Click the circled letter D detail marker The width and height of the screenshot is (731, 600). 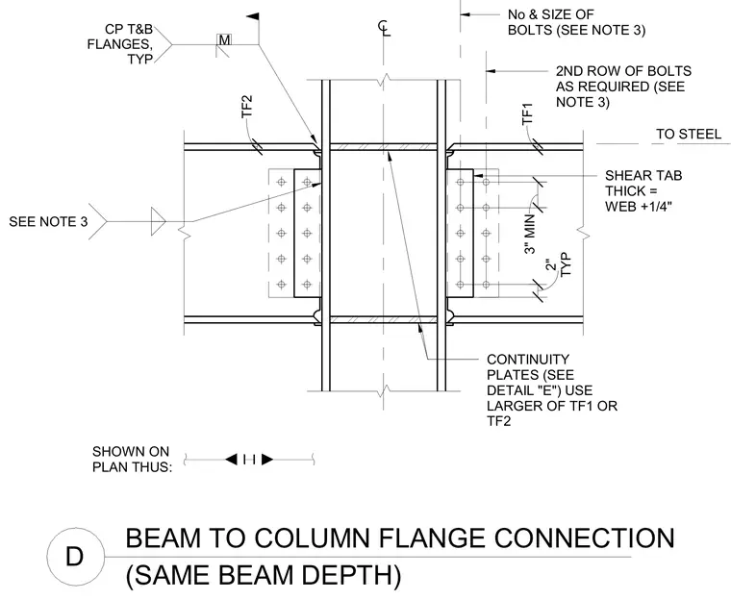pos(75,556)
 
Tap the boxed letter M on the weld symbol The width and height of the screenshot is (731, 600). pos(225,40)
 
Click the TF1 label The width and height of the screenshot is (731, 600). pos(527,113)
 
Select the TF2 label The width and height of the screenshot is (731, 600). pos(246,107)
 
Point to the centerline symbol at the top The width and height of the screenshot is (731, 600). pos(384,28)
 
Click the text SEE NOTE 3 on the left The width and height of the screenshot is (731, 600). pos(48,221)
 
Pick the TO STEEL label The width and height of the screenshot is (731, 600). pos(689,135)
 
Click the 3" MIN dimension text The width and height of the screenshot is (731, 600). pos(530,233)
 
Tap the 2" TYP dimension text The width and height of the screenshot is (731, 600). pos(559,264)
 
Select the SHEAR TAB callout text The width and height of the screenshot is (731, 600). pos(643,190)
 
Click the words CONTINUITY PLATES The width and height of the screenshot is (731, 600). pos(530,367)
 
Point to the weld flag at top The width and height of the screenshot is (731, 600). pos(253,16)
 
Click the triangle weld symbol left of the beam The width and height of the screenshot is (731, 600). pos(158,221)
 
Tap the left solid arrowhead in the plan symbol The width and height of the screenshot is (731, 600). pos(231,460)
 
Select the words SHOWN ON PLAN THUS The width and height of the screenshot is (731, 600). pos(132,459)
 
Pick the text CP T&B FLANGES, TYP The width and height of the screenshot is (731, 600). pos(120,44)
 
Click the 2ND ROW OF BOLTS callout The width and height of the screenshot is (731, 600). pos(623,87)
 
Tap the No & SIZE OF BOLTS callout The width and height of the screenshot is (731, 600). pos(577,22)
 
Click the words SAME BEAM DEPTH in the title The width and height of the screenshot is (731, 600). pos(264,575)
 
